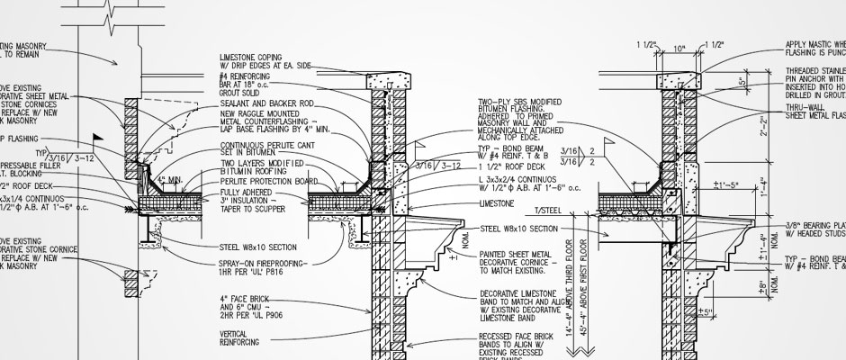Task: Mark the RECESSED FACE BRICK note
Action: click(523, 340)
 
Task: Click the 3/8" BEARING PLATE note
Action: click(814, 226)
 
